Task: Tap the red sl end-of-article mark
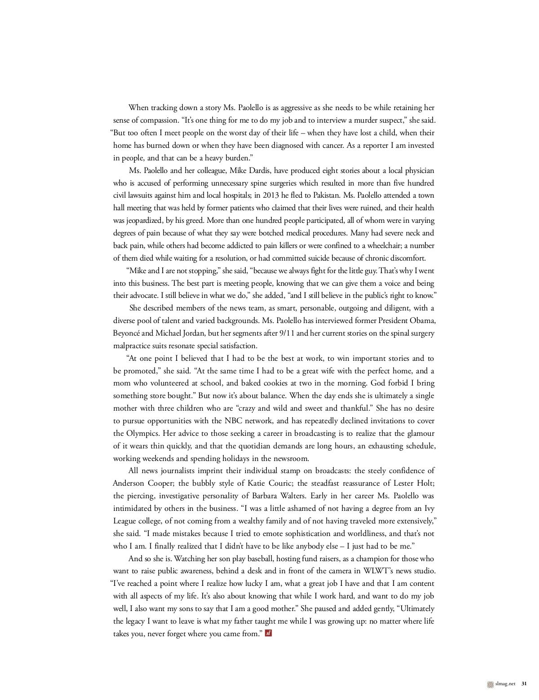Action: pyautogui.click(x=268, y=634)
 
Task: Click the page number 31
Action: pyautogui.click(x=524, y=684)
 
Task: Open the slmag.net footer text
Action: pyautogui.click(x=505, y=684)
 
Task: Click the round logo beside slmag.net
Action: pyautogui.click(x=490, y=684)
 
